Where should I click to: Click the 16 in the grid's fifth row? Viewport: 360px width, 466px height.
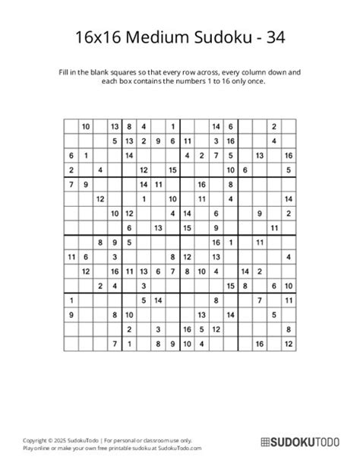click(202, 184)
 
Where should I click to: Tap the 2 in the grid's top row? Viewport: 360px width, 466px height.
click(274, 126)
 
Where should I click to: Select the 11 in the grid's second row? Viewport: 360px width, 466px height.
click(188, 141)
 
